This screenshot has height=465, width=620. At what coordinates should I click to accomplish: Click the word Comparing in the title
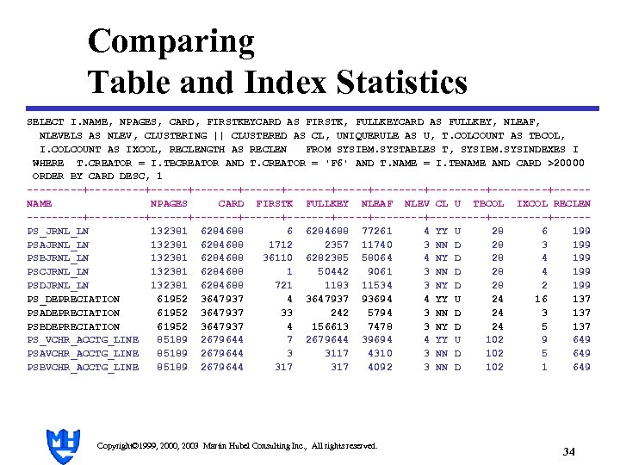[170, 41]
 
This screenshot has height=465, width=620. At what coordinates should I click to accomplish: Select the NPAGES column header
[169, 204]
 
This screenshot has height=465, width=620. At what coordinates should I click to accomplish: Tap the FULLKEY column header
[327, 204]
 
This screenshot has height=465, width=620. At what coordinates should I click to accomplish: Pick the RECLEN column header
[572, 204]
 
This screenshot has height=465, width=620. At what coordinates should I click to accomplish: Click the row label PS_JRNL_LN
[58, 231]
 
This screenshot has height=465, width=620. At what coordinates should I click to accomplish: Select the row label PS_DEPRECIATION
[73, 299]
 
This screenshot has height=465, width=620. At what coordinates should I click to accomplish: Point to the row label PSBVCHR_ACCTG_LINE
[83, 367]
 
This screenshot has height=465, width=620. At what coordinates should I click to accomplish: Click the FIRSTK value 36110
[277, 258]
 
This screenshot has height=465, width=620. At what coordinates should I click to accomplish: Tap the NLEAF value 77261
[377, 231]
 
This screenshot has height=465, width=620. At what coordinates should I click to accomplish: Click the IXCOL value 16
[540, 299]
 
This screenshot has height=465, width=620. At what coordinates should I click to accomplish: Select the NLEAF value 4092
[380, 367]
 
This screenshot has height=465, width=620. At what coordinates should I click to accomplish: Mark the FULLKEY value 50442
[333, 272]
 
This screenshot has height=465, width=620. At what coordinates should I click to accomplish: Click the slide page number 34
[567, 451]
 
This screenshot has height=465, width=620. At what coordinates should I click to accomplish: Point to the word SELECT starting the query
[45, 122]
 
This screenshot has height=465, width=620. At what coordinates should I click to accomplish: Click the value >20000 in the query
[564, 163]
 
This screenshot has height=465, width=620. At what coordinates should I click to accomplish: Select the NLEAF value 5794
[380, 313]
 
